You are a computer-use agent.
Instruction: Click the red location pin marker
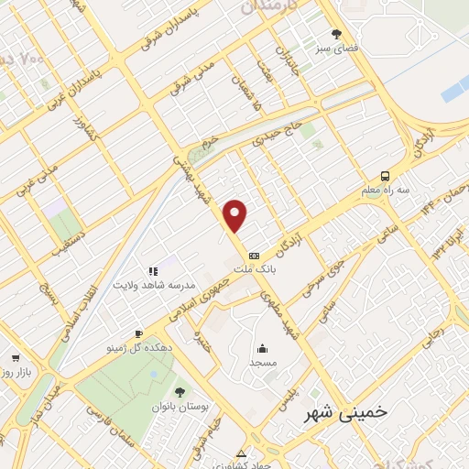coord(236,216)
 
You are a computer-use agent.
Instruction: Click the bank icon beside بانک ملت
coord(254,256)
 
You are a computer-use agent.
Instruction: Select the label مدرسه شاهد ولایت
coord(151,285)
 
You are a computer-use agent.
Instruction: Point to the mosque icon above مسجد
coord(263,348)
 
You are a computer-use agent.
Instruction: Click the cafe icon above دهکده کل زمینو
coord(137,333)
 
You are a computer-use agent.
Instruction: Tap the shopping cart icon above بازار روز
coord(15,359)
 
